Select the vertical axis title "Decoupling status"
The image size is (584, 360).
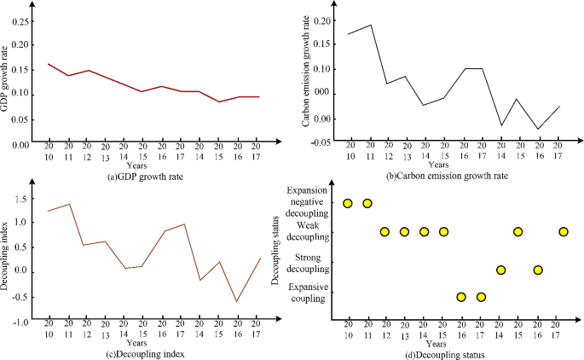[276, 247]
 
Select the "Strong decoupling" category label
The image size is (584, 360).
[309, 263]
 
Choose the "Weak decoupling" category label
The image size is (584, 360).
[309, 229]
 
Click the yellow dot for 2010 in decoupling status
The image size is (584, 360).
[348, 203]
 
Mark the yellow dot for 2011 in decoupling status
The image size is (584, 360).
[367, 203]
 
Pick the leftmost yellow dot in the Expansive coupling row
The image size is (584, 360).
[461, 297]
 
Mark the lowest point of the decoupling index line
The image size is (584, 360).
[237, 301]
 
